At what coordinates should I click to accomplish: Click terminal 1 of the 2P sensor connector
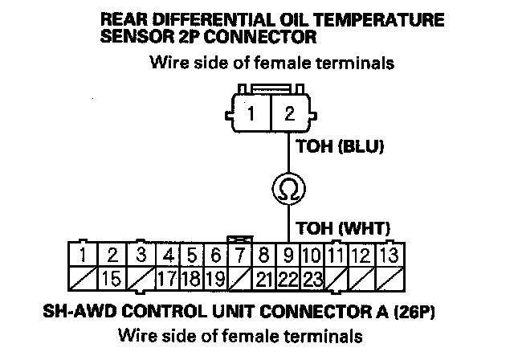pos(251,113)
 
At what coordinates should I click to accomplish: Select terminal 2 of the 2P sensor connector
pos(289,113)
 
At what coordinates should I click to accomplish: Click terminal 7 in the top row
pos(239,256)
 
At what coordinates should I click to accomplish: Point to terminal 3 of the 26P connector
pos(141,256)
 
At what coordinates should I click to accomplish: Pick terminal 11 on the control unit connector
pos(337,256)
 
